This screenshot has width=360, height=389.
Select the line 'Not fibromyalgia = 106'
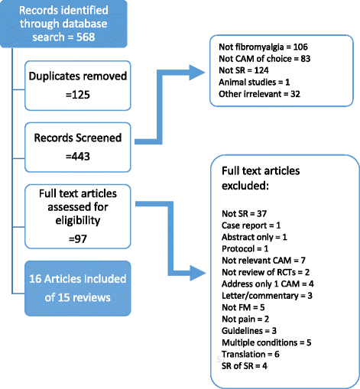tap(260, 50)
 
